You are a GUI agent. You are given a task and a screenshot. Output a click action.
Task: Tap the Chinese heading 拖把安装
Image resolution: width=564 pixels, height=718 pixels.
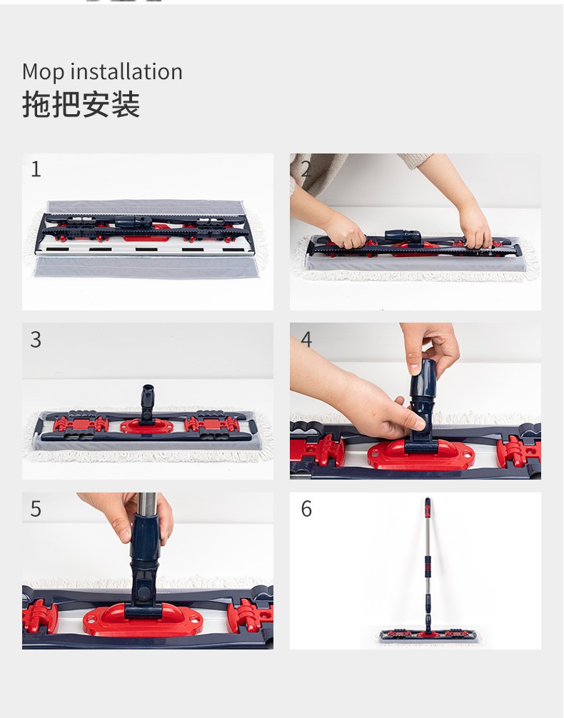point(81,104)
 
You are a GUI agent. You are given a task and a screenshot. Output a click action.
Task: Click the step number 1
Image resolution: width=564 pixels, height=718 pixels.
point(36,169)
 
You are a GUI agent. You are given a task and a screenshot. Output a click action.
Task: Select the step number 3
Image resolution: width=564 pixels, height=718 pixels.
point(36,339)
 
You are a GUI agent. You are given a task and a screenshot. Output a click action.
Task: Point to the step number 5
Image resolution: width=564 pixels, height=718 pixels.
point(36,509)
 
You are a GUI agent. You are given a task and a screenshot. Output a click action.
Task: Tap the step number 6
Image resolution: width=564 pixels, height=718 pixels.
point(306,509)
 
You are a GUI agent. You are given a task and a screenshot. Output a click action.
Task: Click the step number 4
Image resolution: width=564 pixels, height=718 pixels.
point(306,339)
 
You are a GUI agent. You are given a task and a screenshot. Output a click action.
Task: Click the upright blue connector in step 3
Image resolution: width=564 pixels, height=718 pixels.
point(147,403)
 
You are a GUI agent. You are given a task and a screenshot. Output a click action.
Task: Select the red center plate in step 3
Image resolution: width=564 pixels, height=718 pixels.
point(146,426)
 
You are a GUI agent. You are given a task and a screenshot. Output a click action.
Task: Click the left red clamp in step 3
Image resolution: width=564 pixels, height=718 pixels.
point(81,425)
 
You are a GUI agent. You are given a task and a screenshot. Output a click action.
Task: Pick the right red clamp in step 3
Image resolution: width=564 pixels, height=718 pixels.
point(212,425)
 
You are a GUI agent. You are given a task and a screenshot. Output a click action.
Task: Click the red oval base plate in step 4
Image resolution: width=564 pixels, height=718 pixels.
point(421,455)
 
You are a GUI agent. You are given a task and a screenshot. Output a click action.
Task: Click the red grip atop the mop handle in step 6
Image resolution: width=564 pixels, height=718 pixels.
point(428,505)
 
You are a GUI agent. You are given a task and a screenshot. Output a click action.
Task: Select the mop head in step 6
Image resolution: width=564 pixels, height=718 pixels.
point(428,635)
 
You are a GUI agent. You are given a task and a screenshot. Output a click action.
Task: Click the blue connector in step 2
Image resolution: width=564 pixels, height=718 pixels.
point(403,236)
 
